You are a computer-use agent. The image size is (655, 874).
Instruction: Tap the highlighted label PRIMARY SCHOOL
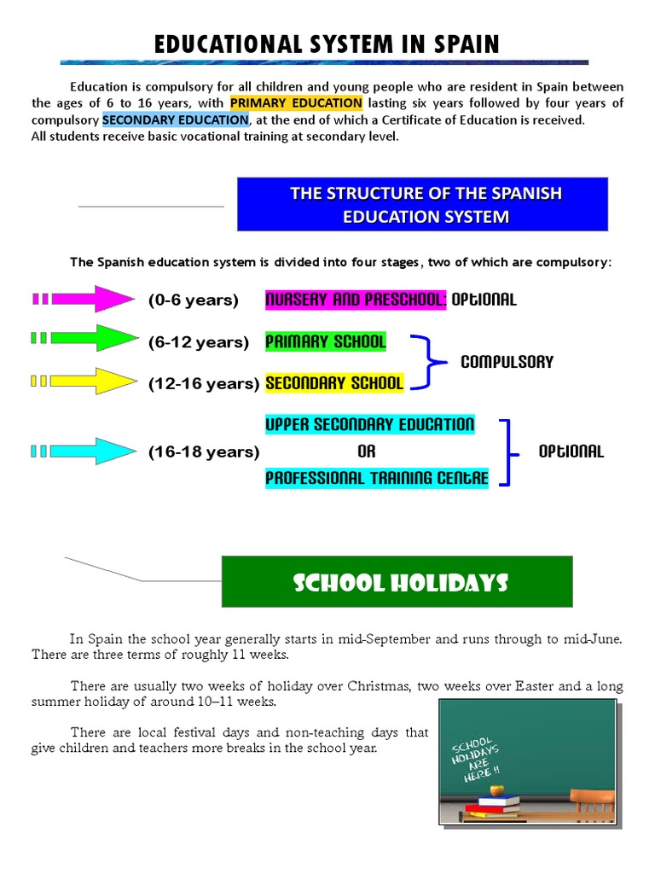[326, 342]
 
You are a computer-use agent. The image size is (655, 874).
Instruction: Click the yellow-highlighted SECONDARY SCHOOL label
[334, 383]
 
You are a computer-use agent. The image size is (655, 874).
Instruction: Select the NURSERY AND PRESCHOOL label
[356, 300]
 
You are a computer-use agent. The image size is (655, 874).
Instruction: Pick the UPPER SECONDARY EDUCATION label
[369, 424]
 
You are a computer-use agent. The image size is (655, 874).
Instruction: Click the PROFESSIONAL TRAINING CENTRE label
[377, 478]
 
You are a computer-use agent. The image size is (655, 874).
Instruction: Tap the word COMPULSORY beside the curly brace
[507, 362]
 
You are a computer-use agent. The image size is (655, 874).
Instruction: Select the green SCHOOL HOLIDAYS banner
[397, 582]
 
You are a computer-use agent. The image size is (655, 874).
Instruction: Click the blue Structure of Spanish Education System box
[422, 204]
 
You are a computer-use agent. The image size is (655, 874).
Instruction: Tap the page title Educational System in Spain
[327, 44]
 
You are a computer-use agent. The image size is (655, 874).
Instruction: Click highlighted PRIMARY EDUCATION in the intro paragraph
[296, 103]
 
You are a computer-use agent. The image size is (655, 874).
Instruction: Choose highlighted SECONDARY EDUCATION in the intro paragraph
[175, 119]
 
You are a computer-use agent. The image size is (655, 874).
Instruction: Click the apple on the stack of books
[499, 790]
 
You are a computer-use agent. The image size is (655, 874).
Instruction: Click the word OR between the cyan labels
[367, 452]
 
